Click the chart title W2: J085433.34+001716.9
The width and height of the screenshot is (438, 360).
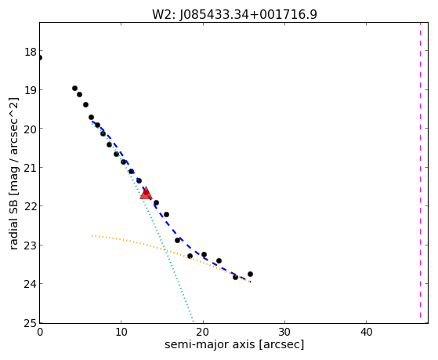234,14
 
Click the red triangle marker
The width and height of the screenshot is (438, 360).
146,193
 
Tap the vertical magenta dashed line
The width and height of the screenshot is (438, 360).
420,170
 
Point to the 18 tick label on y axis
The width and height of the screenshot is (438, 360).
31,52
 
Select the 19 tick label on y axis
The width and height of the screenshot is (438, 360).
31,90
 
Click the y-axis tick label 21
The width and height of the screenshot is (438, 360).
31,168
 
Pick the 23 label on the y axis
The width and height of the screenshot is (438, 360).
31,245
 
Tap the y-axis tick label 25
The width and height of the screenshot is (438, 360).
31,323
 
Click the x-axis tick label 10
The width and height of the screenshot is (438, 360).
121,332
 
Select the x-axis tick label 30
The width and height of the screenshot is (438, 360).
284,332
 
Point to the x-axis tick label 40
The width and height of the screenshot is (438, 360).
366,332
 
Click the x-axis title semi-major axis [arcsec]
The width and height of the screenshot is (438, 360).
234,344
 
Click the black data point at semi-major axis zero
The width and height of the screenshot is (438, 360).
39,58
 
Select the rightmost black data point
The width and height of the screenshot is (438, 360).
250,275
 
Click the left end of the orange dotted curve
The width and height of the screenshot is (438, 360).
92,236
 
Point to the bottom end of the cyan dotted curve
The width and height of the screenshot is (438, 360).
193,321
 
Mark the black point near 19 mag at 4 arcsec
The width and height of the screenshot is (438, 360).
75,89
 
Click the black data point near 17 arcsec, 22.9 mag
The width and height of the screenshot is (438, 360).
177,241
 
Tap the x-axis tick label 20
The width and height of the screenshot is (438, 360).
203,332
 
